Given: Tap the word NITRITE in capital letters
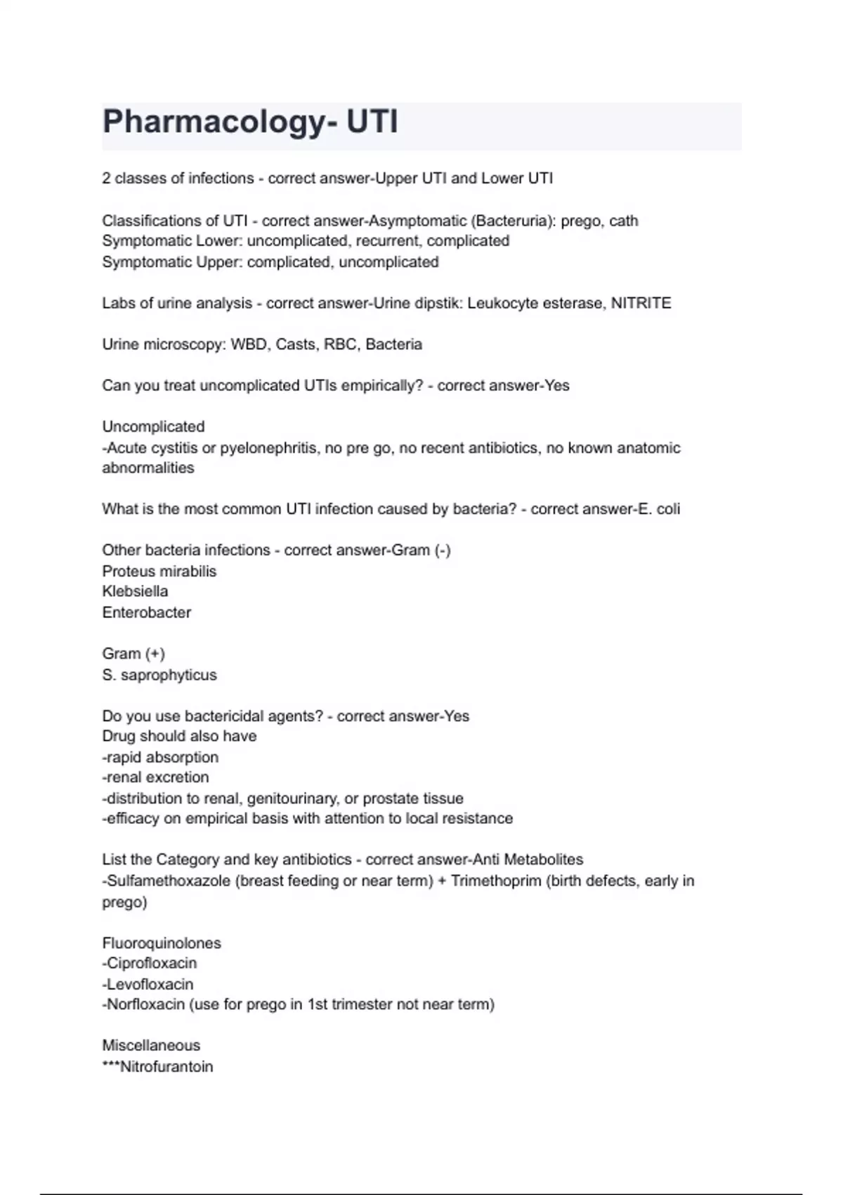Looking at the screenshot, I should tap(641, 303).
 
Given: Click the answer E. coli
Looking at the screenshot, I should tap(658, 509).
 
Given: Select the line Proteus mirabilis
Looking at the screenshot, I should tap(159, 571).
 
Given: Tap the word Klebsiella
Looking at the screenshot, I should tap(135, 591).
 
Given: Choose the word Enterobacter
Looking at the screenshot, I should tap(147, 612).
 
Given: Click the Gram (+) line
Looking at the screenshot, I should tap(133, 654).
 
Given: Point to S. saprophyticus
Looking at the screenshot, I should tap(159, 675).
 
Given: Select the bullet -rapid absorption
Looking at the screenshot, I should tap(160, 757).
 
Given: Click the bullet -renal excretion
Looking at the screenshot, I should tap(155, 777).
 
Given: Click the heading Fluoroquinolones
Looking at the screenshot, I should tap(162, 943).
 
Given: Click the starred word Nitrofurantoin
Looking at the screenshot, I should tap(166, 1066).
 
